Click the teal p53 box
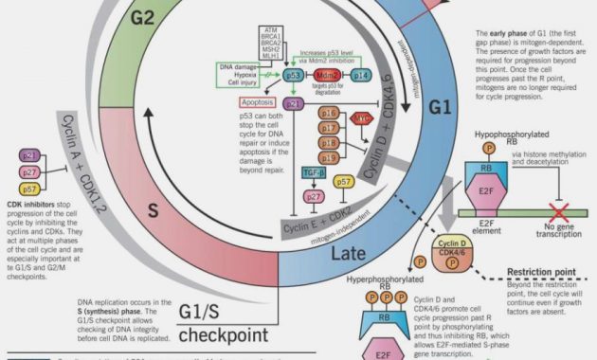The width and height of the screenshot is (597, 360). pyautogui.click(x=295, y=75)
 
